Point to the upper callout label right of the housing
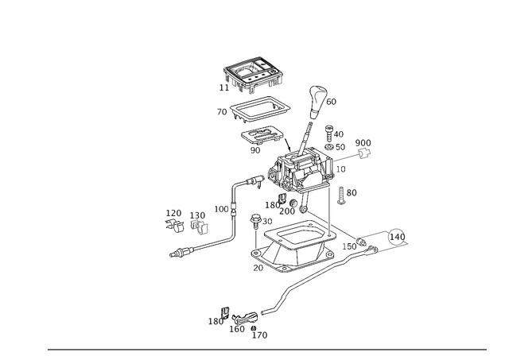pyautogui.click(x=363, y=146)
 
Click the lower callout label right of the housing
pyautogui.click(x=348, y=193)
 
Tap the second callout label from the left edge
pyautogui.click(x=198, y=220)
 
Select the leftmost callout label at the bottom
pyautogui.click(x=214, y=323)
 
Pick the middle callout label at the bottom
pyautogui.click(x=236, y=327)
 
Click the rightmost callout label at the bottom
pyautogui.click(x=259, y=335)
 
